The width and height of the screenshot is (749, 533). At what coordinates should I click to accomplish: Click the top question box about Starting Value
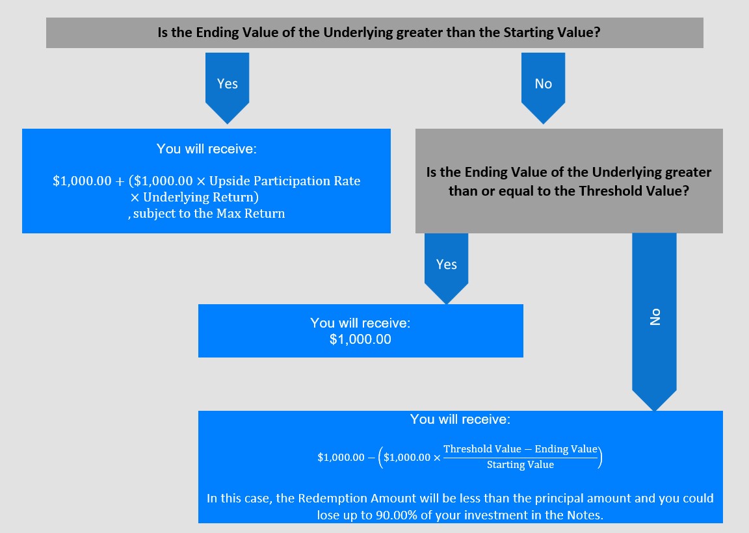(374, 32)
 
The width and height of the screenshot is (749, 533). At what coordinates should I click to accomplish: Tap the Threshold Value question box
(569, 181)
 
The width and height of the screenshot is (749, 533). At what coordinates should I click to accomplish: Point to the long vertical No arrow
(655, 322)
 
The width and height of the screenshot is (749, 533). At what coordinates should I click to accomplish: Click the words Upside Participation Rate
(285, 181)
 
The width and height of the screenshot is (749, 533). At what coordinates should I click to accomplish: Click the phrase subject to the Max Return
(209, 213)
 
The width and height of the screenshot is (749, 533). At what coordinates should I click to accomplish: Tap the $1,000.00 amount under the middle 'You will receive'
(360, 339)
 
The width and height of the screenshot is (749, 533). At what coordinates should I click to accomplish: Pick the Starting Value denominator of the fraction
(520, 465)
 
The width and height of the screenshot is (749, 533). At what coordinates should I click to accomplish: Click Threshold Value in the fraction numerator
(482, 449)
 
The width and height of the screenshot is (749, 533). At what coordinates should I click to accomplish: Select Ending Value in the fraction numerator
(566, 449)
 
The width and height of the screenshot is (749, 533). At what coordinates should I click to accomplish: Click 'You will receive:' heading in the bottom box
(460, 419)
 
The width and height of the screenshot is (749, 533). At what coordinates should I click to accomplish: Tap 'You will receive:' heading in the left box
(206, 149)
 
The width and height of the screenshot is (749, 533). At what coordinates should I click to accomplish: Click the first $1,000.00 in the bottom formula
(341, 458)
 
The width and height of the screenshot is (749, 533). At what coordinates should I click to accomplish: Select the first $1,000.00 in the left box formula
(82, 181)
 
